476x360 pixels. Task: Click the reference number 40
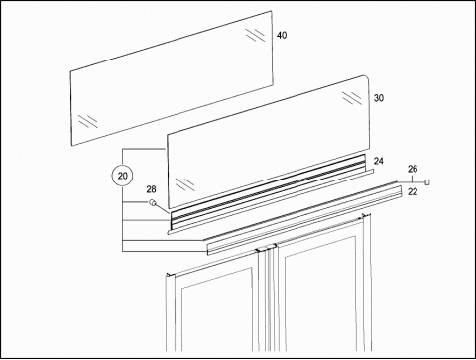282,35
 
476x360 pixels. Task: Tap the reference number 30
379,98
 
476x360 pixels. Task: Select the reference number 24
379,161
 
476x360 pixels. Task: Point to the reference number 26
413,169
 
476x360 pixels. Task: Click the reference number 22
413,191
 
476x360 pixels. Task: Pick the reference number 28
151,189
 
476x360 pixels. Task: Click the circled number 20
122,176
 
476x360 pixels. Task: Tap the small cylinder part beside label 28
153,202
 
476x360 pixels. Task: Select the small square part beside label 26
427,182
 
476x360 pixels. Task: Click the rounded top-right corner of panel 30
365,77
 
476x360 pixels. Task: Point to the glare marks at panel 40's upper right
255,35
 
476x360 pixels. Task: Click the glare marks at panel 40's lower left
88,121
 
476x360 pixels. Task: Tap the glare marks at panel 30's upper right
352,98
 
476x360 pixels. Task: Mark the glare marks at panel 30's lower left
184,184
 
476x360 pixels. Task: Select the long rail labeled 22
304,220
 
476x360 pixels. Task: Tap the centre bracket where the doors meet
267,248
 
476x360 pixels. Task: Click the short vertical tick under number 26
413,179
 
